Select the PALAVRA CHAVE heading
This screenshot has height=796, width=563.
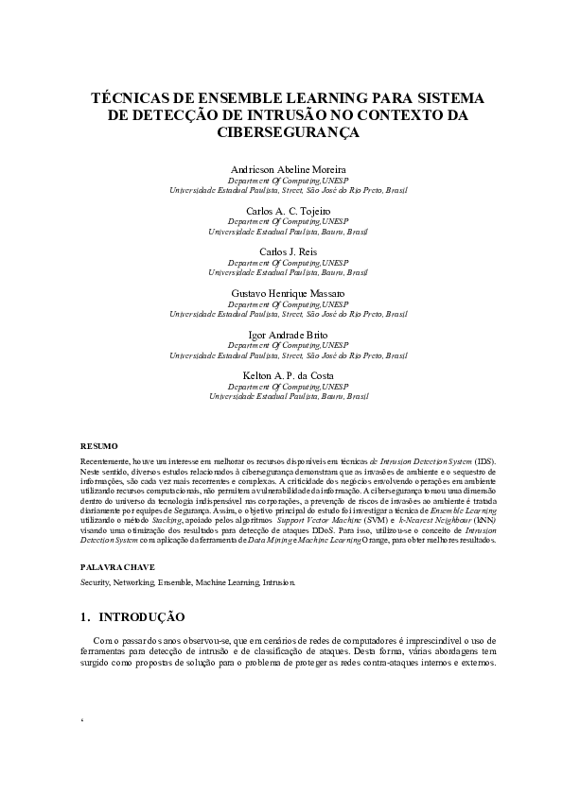(x=117, y=565)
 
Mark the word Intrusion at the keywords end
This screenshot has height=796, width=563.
(x=278, y=582)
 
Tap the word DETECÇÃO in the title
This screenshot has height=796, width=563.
(x=172, y=115)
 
